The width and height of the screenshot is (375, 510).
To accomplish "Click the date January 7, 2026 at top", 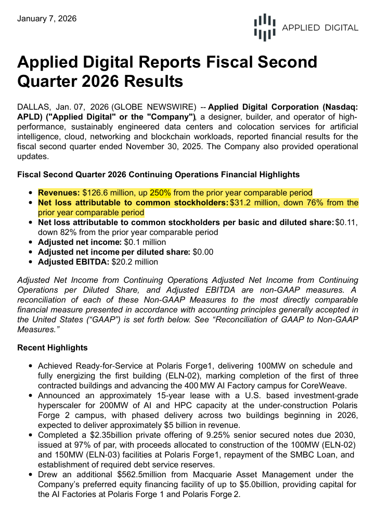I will (47, 19).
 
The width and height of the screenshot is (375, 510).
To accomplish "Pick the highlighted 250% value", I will (161, 192).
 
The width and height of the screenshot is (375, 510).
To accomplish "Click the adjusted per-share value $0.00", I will (203, 252).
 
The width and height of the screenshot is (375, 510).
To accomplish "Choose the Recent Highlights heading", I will (53, 347).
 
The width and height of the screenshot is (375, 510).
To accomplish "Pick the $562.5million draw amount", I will (140, 475).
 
